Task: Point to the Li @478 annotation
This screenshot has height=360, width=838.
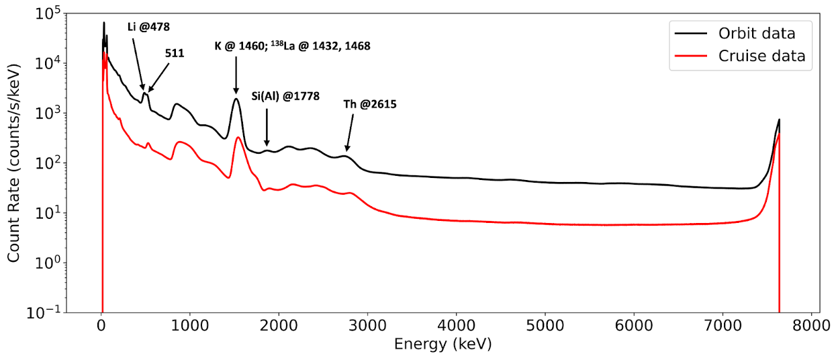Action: pos(148,27)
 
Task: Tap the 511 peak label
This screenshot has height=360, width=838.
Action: pos(175,52)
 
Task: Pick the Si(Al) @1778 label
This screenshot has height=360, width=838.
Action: pos(285,96)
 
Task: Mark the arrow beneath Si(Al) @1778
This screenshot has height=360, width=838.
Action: pos(267,128)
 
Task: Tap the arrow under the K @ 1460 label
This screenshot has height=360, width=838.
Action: pos(236,74)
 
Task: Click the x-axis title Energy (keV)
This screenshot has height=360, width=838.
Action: pos(443,345)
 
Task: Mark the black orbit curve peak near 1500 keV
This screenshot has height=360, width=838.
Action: pos(236,99)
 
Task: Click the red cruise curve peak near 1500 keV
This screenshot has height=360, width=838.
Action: pos(238,138)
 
